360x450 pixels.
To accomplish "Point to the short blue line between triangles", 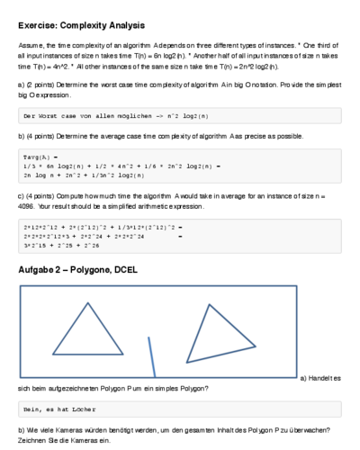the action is click(x=152, y=355).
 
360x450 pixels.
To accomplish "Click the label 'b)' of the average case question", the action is click(x=21, y=137).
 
